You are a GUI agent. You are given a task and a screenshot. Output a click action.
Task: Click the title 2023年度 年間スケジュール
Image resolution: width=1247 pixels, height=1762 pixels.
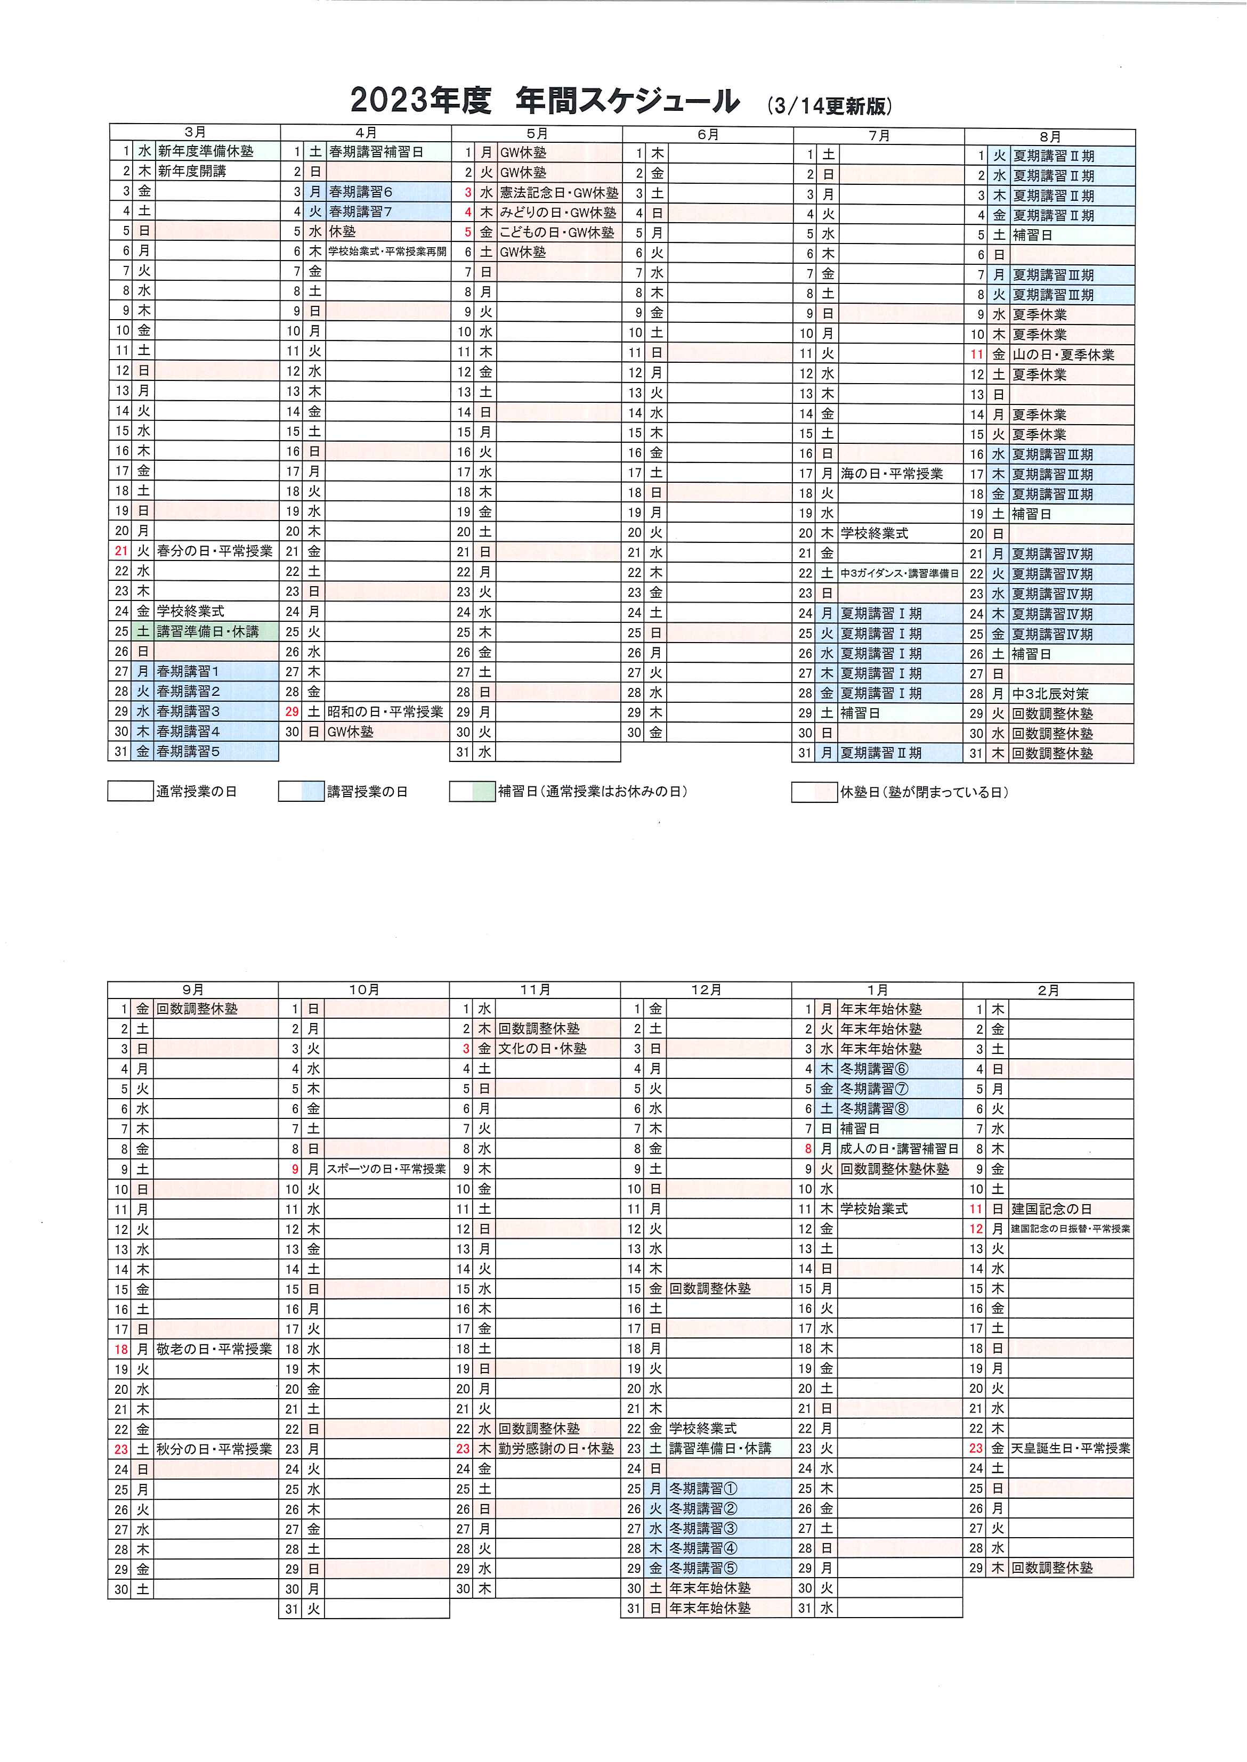(x=545, y=101)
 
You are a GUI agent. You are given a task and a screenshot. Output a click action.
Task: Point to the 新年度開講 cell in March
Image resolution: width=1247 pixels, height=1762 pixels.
(x=192, y=171)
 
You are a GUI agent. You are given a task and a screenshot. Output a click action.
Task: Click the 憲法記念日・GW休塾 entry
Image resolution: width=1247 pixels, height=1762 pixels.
(x=559, y=193)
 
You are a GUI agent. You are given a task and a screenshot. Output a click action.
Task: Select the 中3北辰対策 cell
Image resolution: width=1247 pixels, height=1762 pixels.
(x=1050, y=693)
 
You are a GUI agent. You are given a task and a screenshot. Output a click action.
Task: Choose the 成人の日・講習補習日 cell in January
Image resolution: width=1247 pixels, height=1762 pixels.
(x=899, y=1149)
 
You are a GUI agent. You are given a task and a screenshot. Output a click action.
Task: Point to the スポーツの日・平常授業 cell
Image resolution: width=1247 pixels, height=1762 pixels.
(x=386, y=1170)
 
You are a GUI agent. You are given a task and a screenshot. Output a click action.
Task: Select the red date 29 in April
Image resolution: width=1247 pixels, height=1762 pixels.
(x=292, y=712)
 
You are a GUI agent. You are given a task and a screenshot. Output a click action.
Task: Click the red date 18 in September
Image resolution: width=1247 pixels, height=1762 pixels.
(x=122, y=1349)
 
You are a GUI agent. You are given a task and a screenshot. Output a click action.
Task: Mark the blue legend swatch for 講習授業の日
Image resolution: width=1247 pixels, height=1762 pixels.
(x=301, y=792)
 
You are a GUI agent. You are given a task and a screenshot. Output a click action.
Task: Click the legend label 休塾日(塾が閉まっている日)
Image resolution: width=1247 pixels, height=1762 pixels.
(x=924, y=792)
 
